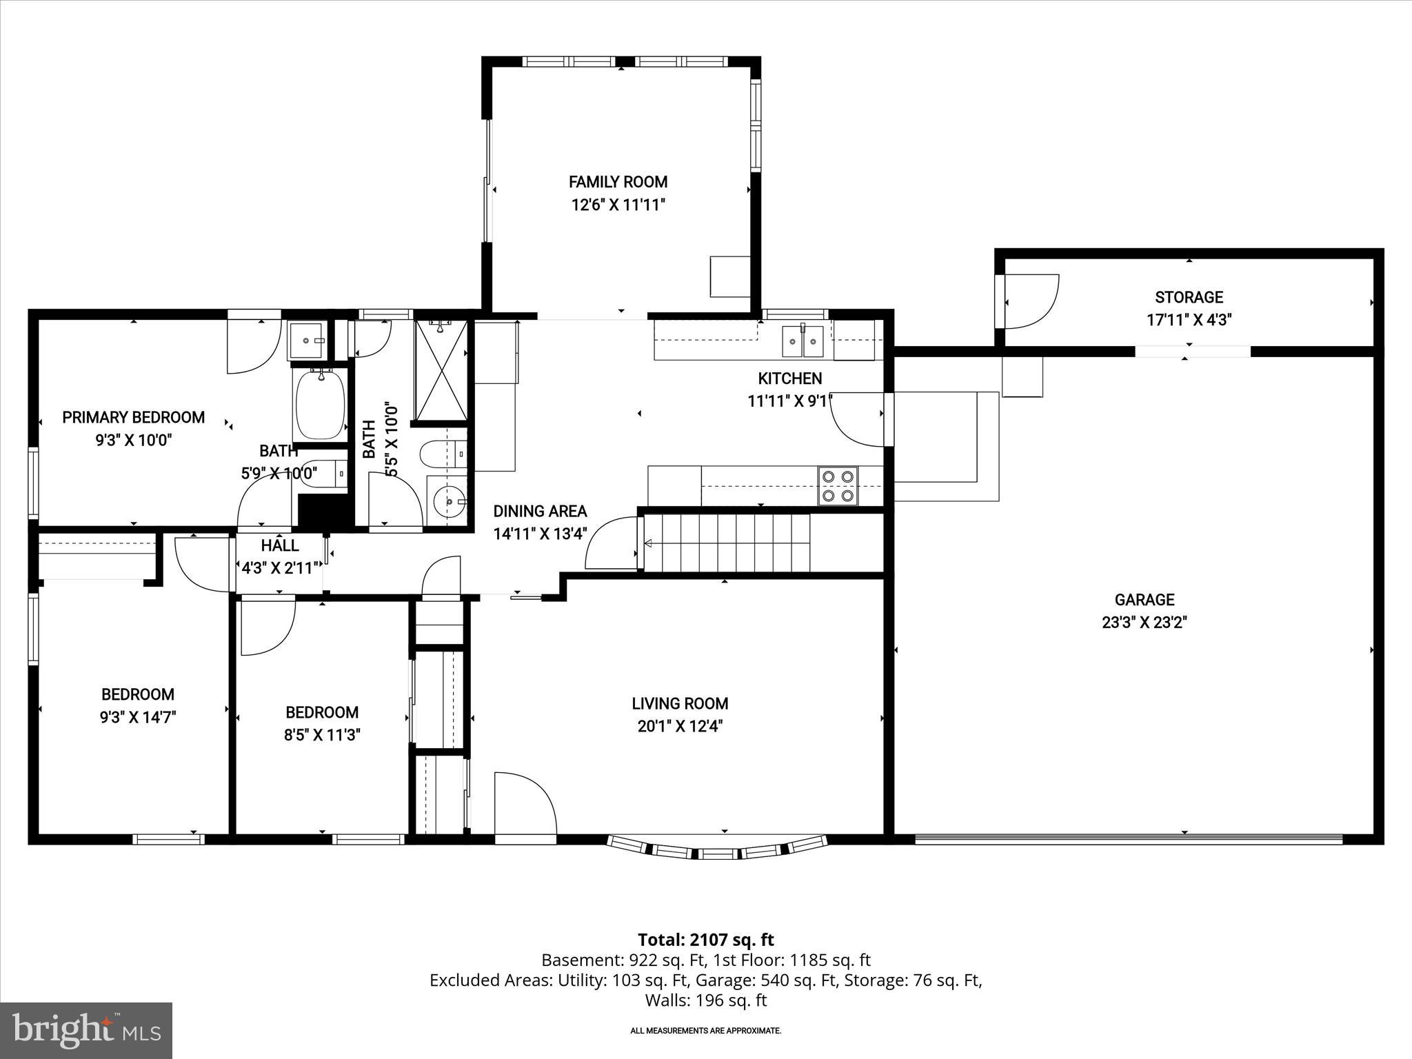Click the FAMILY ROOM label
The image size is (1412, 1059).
(x=618, y=182)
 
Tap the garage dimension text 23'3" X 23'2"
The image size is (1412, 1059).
(x=1144, y=623)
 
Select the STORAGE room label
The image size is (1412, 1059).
(x=1189, y=297)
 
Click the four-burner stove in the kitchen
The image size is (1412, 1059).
(x=838, y=485)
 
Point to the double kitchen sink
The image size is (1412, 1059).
(x=803, y=341)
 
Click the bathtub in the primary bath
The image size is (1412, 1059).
(x=319, y=403)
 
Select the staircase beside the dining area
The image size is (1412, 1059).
(x=727, y=543)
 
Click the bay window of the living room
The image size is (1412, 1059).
(x=717, y=848)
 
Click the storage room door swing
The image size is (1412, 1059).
(x=1029, y=302)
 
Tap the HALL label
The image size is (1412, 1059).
(x=280, y=545)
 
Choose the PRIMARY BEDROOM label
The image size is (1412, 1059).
(x=134, y=417)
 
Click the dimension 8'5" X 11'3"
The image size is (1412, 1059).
(x=322, y=735)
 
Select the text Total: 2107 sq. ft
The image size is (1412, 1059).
(x=705, y=940)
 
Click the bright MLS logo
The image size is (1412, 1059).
(x=86, y=1031)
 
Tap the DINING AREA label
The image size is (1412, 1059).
(x=540, y=511)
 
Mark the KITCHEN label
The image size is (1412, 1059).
(x=789, y=379)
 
